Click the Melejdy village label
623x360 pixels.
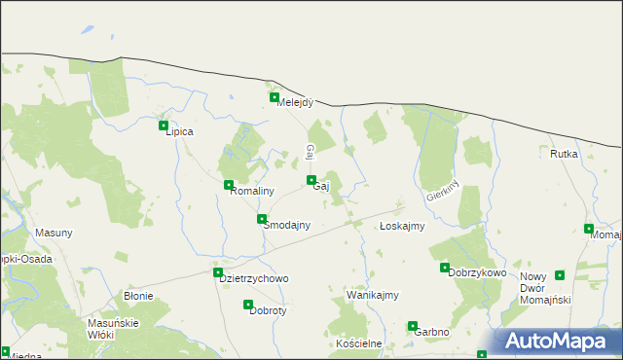pyautogui.click(x=295, y=104)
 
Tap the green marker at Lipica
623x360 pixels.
pyautogui.click(x=164, y=126)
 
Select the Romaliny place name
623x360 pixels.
pyautogui.click(x=251, y=192)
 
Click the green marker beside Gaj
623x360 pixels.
pyautogui.click(x=311, y=180)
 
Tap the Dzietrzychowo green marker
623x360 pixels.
pyautogui.click(x=218, y=273)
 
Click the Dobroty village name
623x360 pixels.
pyautogui.click(x=267, y=311)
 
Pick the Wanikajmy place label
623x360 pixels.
pyautogui.click(x=373, y=294)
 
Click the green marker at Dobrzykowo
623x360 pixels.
pyautogui.click(x=445, y=268)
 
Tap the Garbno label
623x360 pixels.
pyautogui.click(x=431, y=332)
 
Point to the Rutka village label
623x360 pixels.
pyautogui.click(x=564, y=154)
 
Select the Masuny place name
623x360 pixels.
pyautogui.click(x=54, y=234)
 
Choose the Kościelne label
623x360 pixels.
pyautogui.click(x=356, y=345)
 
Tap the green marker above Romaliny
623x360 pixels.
pyautogui.click(x=229, y=185)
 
